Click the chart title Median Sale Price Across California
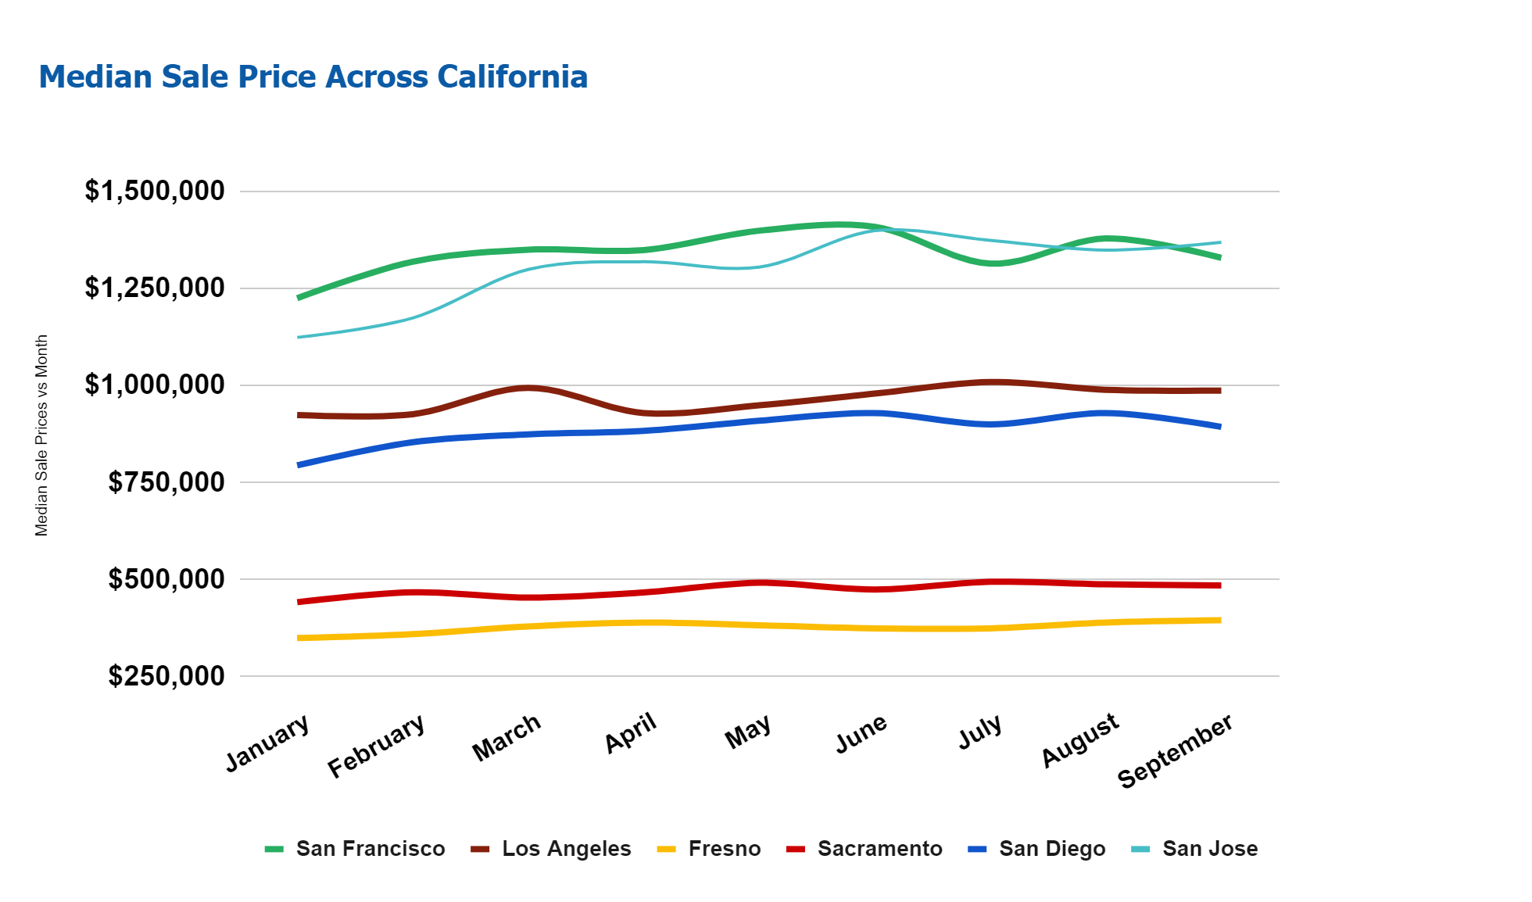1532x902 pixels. (x=313, y=77)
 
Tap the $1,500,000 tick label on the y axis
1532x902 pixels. (x=155, y=191)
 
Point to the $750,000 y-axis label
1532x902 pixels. (x=166, y=482)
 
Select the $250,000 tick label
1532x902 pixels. (x=166, y=676)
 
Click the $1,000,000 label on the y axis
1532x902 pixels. (x=155, y=385)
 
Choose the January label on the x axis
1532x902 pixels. (x=268, y=743)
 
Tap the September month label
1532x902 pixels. (x=1175, y=750)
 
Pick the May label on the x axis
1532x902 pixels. (x=748, y=732)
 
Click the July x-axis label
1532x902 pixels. (x=980, y=732)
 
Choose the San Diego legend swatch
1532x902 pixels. (x=978, y=849)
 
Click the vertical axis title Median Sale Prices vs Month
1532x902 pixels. (x=41, y=435)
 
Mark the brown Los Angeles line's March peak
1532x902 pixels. (x=528, y=388)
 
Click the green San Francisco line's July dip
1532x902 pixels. (x=993, y=263)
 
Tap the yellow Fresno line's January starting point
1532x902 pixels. (x=299, y=638)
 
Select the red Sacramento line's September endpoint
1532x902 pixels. (x=1219, y=585)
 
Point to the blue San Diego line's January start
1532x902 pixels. (x=299, y=465)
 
